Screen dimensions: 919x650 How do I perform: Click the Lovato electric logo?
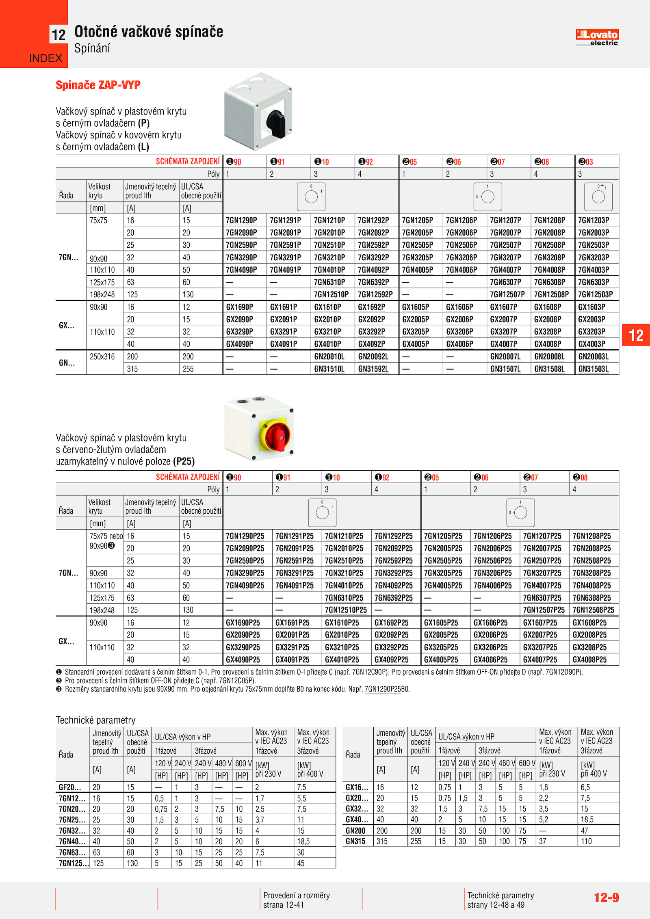tap(597, 37)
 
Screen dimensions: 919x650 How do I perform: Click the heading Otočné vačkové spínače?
tap(149, 32)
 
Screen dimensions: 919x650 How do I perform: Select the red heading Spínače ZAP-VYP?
tap(98, 85)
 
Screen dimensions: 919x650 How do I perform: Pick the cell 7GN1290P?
tap(241, 221)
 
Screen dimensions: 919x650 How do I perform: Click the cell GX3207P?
tap(504, 332)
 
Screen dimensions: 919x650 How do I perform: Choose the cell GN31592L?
tap(373, 369)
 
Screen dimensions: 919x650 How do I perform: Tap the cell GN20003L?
tap(593, 357)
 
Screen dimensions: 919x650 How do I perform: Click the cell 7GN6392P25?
tap(393, 598)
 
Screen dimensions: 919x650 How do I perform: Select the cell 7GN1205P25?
tap(443, 536)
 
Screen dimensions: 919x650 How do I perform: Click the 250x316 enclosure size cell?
tap(102, 357)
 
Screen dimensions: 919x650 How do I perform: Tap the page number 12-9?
tap(606, 897)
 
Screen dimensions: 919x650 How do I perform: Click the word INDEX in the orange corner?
tap(45, 58)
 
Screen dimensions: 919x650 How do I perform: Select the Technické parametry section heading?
tap(96, 720)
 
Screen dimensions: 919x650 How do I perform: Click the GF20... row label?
tap(70, 787)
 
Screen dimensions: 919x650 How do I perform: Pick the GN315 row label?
tap(355, 841)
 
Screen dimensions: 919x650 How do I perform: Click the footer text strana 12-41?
tap(283, 905)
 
